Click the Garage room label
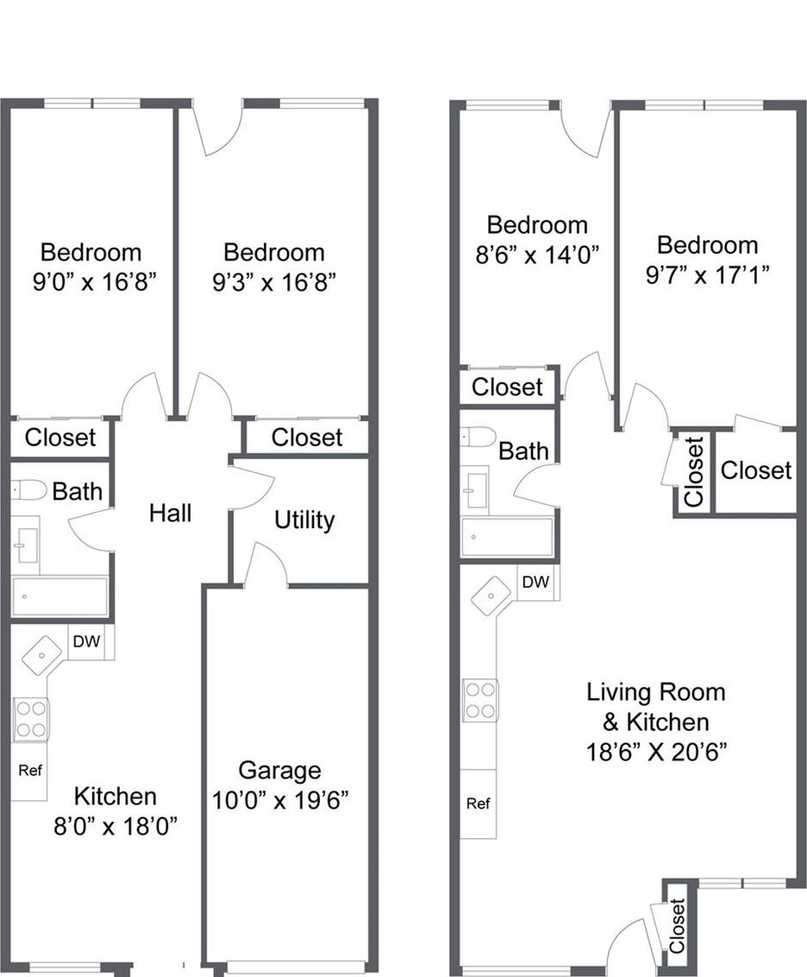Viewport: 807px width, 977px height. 279,770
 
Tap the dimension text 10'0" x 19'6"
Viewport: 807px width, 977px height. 279,800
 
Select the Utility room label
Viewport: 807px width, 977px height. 304,520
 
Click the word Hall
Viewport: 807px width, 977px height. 170,514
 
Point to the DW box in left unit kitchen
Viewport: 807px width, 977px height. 84,641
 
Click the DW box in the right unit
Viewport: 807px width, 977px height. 535,583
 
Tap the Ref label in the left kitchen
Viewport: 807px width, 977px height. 30,770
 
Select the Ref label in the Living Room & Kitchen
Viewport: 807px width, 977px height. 478,804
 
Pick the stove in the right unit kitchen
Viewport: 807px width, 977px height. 480,700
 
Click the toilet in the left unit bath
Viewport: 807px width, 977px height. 29,490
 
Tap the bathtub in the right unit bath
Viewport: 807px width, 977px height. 507,537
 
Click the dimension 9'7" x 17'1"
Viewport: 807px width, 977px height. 707,274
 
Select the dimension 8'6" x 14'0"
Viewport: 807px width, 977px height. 537,254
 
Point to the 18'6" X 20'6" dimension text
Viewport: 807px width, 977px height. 656,751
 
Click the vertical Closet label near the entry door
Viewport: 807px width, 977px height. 678,926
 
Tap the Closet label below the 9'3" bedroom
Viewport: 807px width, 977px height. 306,438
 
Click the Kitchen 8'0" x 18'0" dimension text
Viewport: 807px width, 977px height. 116,825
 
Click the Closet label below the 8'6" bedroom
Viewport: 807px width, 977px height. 507,387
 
